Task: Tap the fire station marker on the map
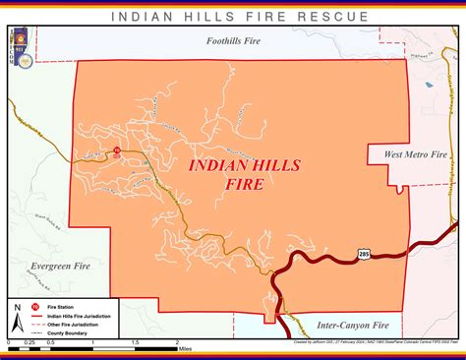click(x=116, y=150)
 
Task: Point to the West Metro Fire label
click(x=415, y=155)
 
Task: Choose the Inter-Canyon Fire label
click(x=353, y=324)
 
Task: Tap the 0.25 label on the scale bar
click(x=29, y=342)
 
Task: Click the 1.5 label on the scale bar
click(x=134, y=342)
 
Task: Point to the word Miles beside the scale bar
click(x=185, y=347)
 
